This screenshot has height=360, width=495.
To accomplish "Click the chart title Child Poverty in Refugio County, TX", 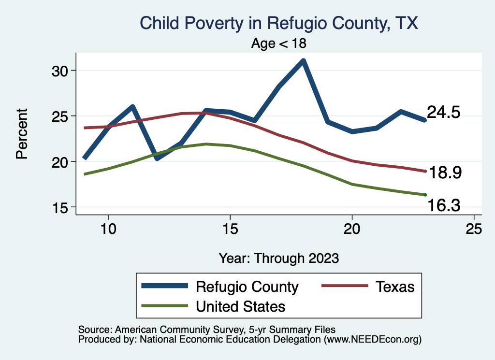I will (278, 23).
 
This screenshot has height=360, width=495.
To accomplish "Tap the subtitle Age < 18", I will (278, 43).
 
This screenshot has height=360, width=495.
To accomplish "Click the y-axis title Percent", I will (21, 134).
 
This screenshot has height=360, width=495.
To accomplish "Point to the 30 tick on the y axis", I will (61, 71).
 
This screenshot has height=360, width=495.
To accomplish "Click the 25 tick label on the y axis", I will (61, 116).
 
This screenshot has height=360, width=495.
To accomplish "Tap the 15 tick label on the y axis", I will (61, 207).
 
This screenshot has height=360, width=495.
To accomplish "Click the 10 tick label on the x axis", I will (108, 230).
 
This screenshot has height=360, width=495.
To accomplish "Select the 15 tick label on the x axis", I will (230, 230).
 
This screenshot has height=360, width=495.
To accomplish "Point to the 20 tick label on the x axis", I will (352, 230).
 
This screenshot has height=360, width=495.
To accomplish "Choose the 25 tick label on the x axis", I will (474, 230).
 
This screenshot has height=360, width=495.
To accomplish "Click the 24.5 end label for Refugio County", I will (443, 112).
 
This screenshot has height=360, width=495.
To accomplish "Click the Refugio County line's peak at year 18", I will (303, 61).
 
